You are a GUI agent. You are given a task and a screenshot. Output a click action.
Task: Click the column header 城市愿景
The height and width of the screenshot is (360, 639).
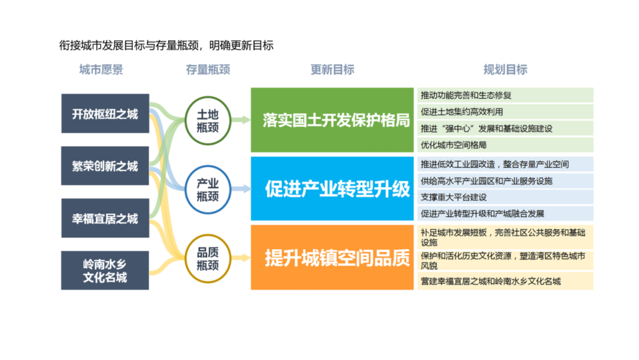(x=101, y=70)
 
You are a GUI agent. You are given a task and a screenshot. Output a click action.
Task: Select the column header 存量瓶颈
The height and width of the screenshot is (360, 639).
(x=208, y=70)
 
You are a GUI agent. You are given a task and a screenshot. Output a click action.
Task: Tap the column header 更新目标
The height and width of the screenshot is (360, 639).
(x=332, y=70)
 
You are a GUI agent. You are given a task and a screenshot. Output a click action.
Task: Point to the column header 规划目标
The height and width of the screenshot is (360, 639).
(x=505, y=70)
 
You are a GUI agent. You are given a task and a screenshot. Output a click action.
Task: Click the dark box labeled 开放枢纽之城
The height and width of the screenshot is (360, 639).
(x=105, y=114)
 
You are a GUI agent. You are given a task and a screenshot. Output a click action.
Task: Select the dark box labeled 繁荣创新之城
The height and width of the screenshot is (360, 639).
(x=105, y=166)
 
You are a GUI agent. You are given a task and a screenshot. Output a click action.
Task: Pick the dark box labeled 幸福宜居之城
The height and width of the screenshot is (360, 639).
(x=105, y=218)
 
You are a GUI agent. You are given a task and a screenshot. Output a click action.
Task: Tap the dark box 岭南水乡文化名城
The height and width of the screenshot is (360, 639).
(x=105, y=271)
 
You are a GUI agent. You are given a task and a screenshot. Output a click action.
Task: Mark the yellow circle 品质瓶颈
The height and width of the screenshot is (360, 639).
(x=208, y=258)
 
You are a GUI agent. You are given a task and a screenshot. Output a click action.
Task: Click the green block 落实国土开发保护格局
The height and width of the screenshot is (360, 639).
(x=332, y=120)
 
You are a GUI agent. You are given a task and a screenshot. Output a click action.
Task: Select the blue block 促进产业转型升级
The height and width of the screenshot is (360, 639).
(x=332, y=189)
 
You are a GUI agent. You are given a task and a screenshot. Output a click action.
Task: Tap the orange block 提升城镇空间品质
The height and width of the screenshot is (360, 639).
(x=332, y=258)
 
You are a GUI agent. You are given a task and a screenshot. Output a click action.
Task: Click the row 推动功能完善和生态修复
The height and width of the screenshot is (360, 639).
(x=505, y=95)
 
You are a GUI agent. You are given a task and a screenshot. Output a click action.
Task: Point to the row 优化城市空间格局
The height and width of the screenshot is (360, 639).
(x=505, y=144)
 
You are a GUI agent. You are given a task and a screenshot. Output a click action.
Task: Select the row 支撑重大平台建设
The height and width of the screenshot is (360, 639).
(x=505, y=197)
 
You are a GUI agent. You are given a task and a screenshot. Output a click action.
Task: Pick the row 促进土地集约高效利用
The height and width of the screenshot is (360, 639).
(x=505, y=111)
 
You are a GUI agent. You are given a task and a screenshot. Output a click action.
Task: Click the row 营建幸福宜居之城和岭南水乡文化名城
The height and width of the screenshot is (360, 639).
(x=505, y=281)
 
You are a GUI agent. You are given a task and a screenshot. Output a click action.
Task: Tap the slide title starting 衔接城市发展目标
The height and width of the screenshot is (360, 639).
(x=166, y=46)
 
